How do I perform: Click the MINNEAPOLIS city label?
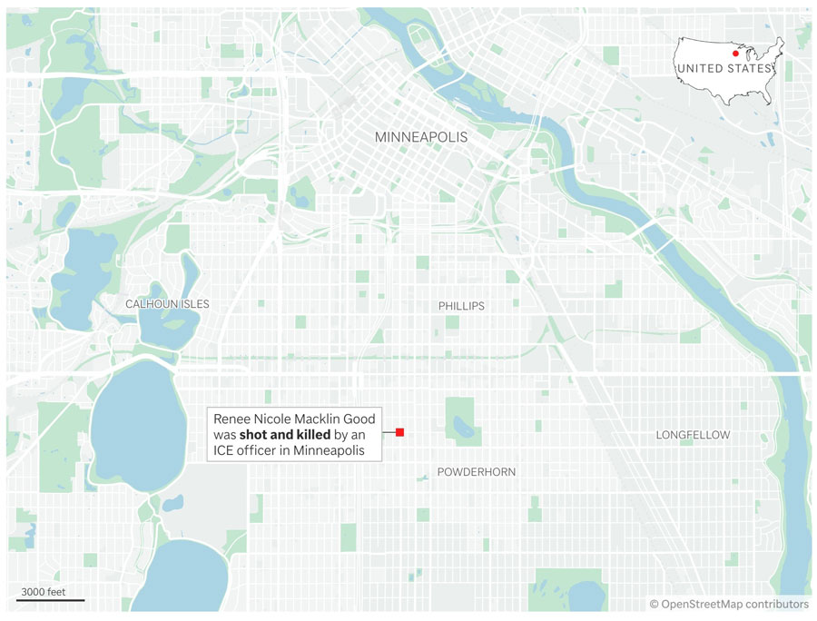tap(421, 137)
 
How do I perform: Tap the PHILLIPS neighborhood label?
tap(461, 306)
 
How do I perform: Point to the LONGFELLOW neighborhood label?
tap(693, 436)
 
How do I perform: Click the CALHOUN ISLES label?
tap(167, 303)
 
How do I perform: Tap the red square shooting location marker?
tap(399, 432)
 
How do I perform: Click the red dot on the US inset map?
tap(735, 54)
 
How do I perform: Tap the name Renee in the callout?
tap(232, 419)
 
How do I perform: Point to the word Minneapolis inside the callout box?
tap(330, 451)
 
